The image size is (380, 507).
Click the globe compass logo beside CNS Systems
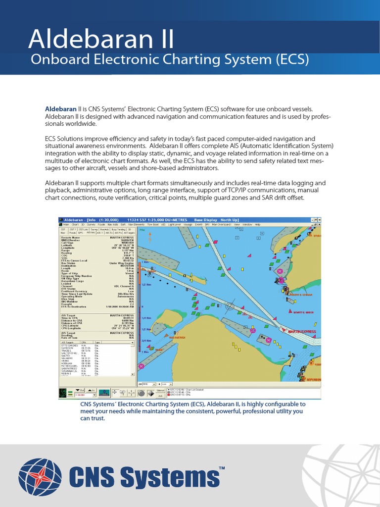pyautogui.click(x=40, y=478)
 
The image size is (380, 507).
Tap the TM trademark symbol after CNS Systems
pyautogui.click(x=222, y=468)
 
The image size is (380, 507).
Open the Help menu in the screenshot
pyautogui.click(x=257, y=224)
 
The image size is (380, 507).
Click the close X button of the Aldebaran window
pyautogui.click(x=319, y=219)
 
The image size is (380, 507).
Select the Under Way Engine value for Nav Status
pyautogui.click(x=123, y=262)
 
